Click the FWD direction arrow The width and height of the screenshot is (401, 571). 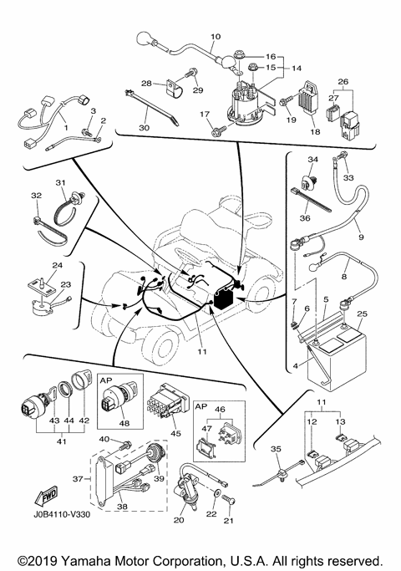(x=46, y=496)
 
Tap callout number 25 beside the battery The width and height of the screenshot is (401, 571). (x=362, y=314)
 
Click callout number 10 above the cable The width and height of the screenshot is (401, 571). (x=216, y=37)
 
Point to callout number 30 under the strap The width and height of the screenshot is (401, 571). (x=144, y=127)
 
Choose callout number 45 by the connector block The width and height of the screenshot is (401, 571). (x=175, y=433)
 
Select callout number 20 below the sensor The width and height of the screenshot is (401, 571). (x=179, y=520)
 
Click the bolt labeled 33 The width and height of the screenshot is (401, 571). (x=338, y=156)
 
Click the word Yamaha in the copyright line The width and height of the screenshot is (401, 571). (x=85, y=561)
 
